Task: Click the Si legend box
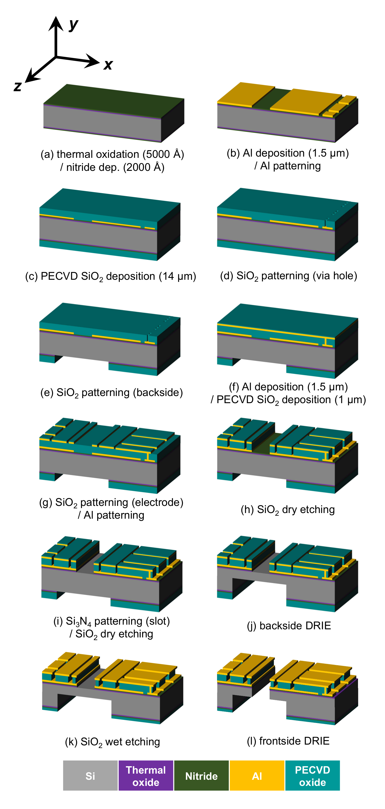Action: point(90,775)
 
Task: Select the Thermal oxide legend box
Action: point(146,775)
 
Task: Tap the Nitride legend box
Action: point(201,775)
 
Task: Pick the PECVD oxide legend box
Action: point(312,775)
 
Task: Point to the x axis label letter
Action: point(108,65)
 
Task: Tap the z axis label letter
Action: point(18,86)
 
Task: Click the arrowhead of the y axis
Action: point(56,23)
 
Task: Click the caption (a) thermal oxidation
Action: point(112,161)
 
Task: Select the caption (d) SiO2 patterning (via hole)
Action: point(288,276)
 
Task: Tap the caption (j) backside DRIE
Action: point(289,626)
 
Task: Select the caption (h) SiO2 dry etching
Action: point(288,509)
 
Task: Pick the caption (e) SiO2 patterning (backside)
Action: point(111,393)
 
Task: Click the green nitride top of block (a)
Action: point(113,101)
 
